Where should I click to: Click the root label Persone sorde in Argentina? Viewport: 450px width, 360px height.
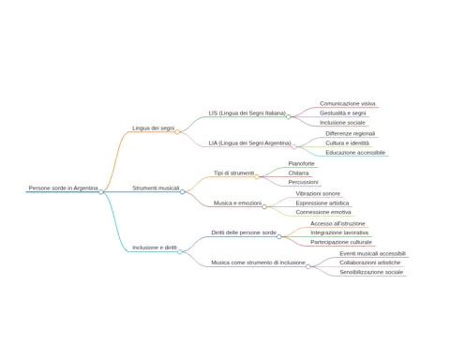63,187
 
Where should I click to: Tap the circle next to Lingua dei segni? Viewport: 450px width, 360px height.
177,132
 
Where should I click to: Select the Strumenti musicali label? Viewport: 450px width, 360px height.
156,187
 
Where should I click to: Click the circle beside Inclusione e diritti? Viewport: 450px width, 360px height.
180,251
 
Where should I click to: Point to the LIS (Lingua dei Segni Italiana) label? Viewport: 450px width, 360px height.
247,112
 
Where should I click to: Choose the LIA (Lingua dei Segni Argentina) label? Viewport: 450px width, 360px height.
249,143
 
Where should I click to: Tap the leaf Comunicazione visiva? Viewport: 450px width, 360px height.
348,103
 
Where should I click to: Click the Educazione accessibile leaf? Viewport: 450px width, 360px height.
355,153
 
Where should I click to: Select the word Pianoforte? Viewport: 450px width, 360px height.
301,163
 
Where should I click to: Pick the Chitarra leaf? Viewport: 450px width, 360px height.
298,172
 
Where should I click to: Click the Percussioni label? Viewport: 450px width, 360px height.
303,182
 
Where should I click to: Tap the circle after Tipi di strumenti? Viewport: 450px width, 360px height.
257,177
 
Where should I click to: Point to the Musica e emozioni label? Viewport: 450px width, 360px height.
237,202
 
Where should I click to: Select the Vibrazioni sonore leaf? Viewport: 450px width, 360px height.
318,193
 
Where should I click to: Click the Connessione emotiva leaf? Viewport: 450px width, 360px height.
323,212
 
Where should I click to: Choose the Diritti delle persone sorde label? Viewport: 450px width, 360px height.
244,232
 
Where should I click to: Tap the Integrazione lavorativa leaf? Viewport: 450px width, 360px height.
339,232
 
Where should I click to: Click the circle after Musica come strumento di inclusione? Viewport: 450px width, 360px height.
308,266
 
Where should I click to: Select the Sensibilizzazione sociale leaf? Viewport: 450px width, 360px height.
371,272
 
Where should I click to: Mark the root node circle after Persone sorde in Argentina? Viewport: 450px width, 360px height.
101,192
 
